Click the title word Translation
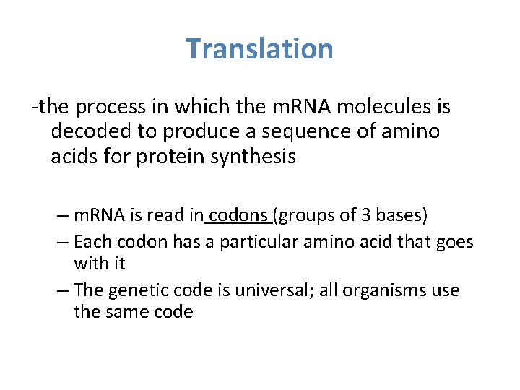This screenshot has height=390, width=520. coord(259,49)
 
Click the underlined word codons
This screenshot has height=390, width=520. coord(238,216)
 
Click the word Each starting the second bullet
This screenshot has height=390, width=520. coord(92,241)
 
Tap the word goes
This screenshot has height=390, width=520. coord(454,241)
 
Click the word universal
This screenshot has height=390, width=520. coord(266,290)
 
